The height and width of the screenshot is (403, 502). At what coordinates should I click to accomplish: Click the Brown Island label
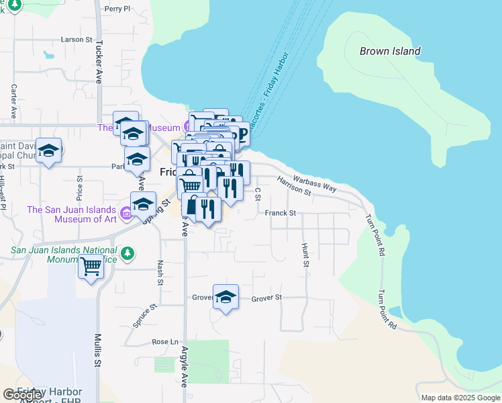point(390,51)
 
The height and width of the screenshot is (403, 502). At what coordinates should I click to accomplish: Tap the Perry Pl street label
point(117,9)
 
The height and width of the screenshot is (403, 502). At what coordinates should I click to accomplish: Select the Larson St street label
point(76,40)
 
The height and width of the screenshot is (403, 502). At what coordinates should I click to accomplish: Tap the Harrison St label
point(294,186)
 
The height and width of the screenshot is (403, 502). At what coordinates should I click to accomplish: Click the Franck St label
point(280,213)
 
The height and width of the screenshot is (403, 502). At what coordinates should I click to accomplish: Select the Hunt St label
point(305,255)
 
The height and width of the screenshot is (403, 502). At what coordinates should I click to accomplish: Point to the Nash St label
point(160,273)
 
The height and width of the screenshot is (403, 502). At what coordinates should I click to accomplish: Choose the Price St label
point(79,189)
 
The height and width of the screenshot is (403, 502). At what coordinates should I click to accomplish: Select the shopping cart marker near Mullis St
point(91,266)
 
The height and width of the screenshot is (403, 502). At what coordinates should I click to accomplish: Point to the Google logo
point(23,395)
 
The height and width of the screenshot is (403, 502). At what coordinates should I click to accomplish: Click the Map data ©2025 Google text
point(460,398)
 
